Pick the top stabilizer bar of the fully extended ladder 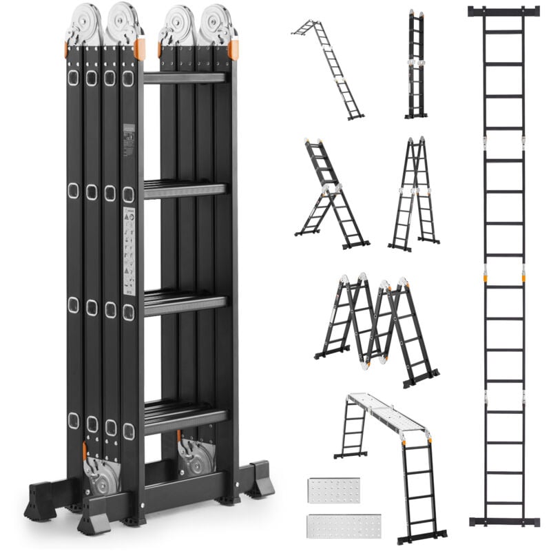[x=504, y=12]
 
